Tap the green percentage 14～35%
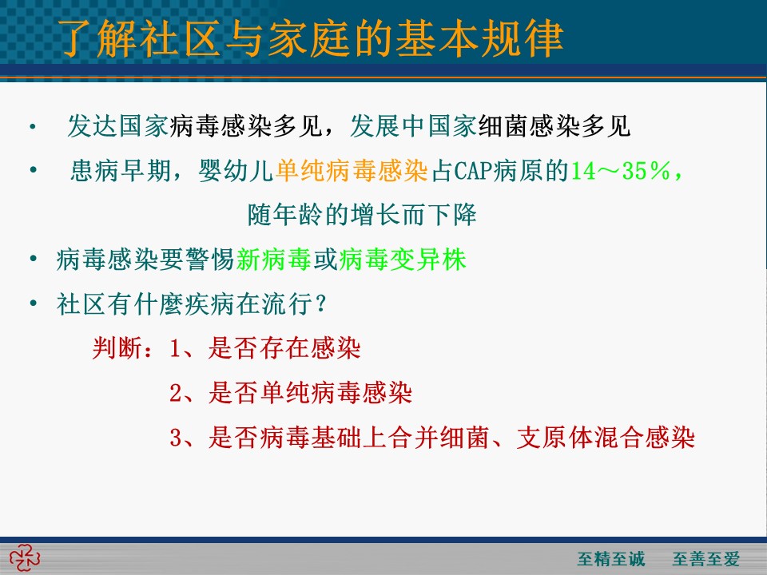point(621,171)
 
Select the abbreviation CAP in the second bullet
point(474,171)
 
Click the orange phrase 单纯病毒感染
point(352,171)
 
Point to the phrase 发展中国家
point(414,126)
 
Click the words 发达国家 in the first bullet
point(118,126)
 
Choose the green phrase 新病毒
point(274,259)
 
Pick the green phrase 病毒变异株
point(402,259)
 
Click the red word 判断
point(117,348)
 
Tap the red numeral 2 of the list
point(176,393)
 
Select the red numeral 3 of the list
point(176,438)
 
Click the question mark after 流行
point(321,304)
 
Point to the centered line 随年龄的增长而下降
point(362,215)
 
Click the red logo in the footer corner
point(25,559)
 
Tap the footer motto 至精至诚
point(611,558)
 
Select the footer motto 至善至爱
point(705,558)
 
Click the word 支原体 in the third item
point(554,438)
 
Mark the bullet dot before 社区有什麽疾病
point(34,303)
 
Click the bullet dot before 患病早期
point(34,170)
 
